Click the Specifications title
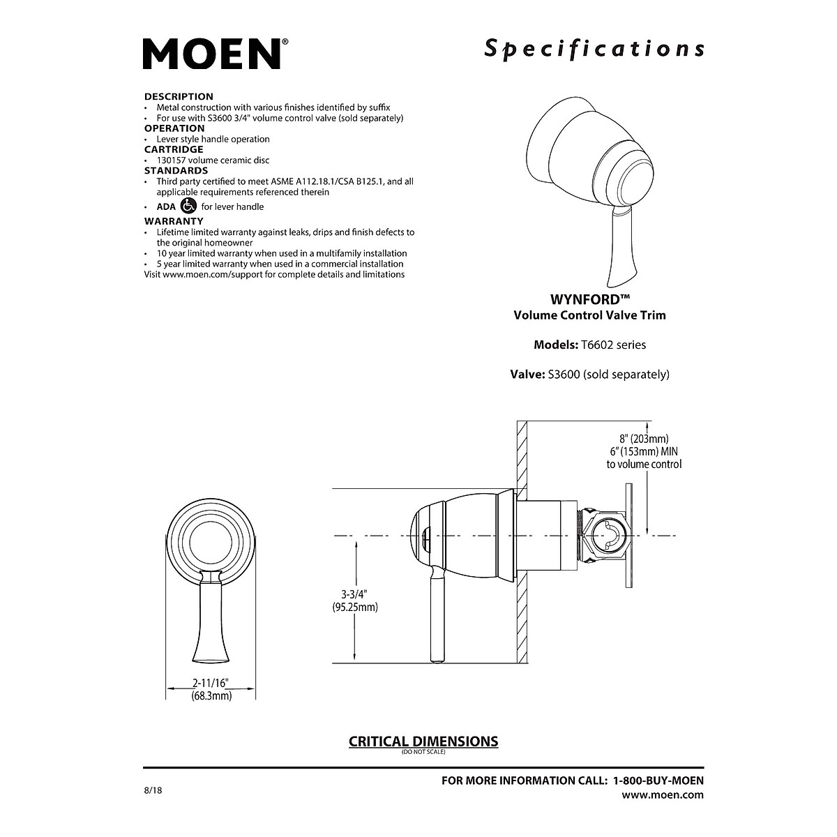click(594, 49)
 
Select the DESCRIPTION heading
click(179, 96)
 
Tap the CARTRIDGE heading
click(174, 149)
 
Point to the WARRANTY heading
click(174, 221)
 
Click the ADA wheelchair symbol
click(188, 206)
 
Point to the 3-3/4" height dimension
click(354, 594)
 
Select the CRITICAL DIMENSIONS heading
click(423, 741)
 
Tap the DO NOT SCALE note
click(423, 752)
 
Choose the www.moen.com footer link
click(662, 794)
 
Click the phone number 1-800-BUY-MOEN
click(658, 781)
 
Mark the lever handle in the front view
click(211, 617)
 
